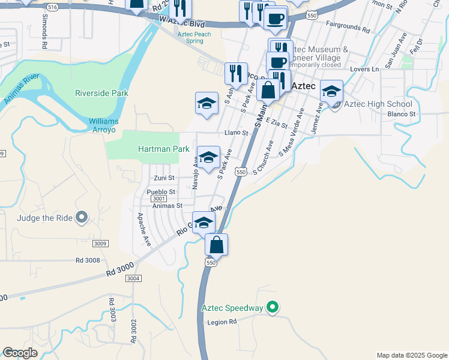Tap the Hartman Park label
click(x=159, y=149)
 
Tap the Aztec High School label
click(x=382, y=104)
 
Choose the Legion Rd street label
click(x=223, y=322)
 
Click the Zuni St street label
click(x=163, y=178)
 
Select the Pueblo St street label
click(x=161, y=191)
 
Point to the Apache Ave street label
click(x=144, y=229)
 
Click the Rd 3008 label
click(x=88, y=260)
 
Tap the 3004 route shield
click(x=133, y=278)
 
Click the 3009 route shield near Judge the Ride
click(x=100, y=243)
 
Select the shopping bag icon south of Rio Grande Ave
click(x=216, y=245)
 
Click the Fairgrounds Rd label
click(x=348, y=27)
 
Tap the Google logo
click(x=20, y=353)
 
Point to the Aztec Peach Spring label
click(x=194, y=37)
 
